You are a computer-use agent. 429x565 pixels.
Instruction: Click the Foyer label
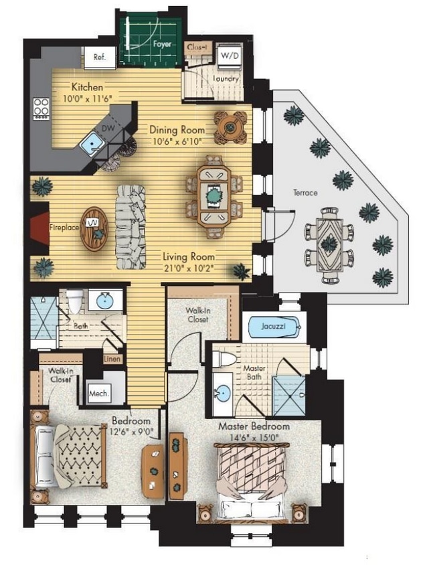click(163, 45)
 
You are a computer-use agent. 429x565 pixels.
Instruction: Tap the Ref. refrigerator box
click(100, 57)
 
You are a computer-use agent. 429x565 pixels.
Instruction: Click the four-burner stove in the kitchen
click(41, 106)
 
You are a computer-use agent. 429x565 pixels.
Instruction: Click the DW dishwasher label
click(108, 127)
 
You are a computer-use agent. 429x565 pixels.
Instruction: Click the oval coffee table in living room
click(94, 230)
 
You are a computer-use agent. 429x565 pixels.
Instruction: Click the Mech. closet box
click(98, 394)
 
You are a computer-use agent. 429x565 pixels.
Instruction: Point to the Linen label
click(112, 359)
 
